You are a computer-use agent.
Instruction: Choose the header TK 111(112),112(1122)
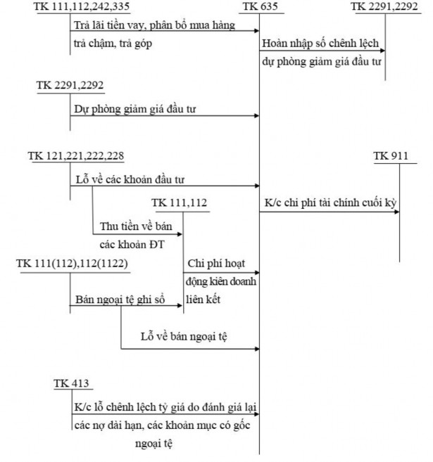72,263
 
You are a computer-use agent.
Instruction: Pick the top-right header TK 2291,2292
384,8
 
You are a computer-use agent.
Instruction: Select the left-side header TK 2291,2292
70,85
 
